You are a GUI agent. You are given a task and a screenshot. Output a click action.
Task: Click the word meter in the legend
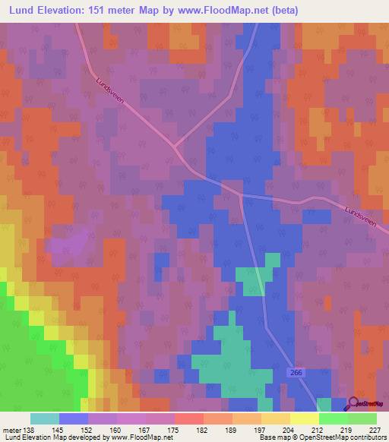(x=11, y=430)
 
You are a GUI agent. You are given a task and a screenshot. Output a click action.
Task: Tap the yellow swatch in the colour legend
(x=304, y=418)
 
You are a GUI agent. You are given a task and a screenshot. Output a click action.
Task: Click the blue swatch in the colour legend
(x=73, y=418)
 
